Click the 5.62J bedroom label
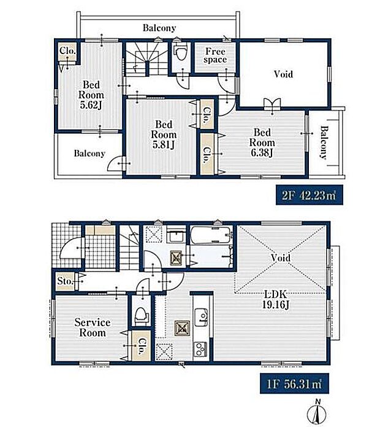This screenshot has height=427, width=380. [x=91, y=95]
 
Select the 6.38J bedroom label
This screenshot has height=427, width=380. [x=262, y=143]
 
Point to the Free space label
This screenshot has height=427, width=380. [x=215, y=55]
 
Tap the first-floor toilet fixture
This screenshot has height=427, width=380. [x=142, y=316]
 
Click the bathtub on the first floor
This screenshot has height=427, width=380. [x=211, y=235]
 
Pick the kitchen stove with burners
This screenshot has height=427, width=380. [x=200, y=350]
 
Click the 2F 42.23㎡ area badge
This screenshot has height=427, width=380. [x=310, y=195]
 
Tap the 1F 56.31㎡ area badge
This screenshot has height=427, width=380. [x=294, y=383]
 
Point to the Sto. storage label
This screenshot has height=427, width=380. [x=65, y=281]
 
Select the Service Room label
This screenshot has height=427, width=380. [x=93, y=327]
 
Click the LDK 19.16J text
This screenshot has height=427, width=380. [x=275, y=299]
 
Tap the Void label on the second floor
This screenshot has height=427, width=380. [x=283, y=74]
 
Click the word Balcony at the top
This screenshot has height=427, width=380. [x=159, y=28]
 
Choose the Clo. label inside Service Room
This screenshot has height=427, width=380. [x=142, y=346]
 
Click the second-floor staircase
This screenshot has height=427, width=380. [x=146, y=59]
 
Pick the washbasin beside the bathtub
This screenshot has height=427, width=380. [x=177, y=235]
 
